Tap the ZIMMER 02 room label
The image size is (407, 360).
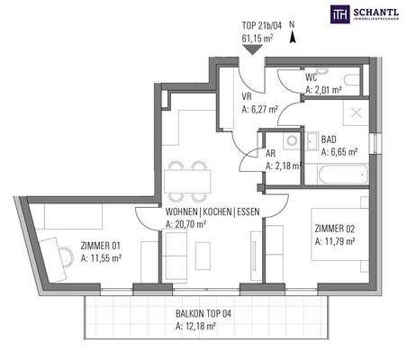334,227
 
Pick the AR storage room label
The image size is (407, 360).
271,152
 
